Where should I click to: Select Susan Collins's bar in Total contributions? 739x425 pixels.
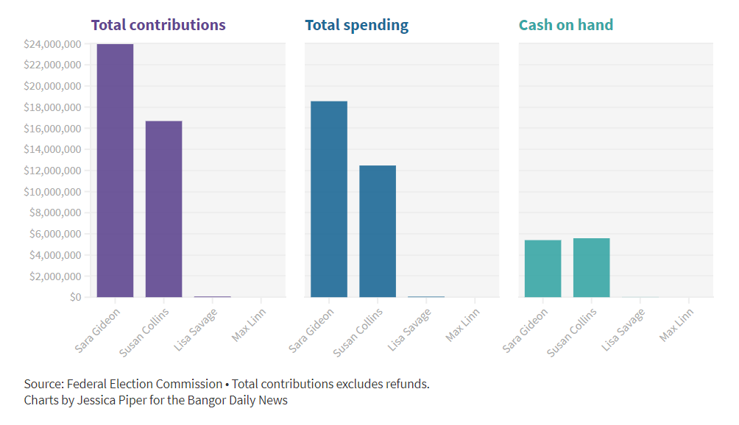163,209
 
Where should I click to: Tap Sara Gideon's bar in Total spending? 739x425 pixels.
328,199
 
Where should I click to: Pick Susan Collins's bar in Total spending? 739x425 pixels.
377,231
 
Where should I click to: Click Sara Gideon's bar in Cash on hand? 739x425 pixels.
542,268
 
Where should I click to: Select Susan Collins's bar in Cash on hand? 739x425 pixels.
591,268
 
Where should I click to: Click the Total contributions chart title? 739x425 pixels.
158,25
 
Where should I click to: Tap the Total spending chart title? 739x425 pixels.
356,25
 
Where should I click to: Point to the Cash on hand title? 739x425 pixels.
565,25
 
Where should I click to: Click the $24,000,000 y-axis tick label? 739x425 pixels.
52,44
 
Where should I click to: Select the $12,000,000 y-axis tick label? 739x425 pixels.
52,171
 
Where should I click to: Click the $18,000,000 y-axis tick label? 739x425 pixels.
52,107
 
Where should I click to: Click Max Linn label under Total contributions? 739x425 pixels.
249,325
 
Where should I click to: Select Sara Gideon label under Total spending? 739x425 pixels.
311,330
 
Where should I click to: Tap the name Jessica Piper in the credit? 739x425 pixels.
110,401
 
